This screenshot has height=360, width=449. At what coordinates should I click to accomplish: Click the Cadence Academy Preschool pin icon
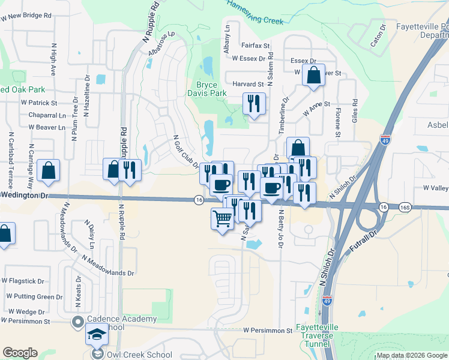[77, 323]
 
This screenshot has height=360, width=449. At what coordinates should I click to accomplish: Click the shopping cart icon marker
[222, 219]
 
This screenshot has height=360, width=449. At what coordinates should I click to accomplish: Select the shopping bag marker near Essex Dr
[313, 76]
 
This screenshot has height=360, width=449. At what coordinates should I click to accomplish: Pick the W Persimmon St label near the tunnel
[267, 331]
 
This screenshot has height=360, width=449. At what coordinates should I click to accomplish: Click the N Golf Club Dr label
[185, 152]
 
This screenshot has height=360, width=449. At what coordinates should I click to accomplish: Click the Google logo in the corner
[20, 353]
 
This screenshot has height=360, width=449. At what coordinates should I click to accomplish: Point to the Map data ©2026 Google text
[411, 355]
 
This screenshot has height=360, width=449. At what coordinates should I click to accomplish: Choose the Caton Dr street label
[377, 37]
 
